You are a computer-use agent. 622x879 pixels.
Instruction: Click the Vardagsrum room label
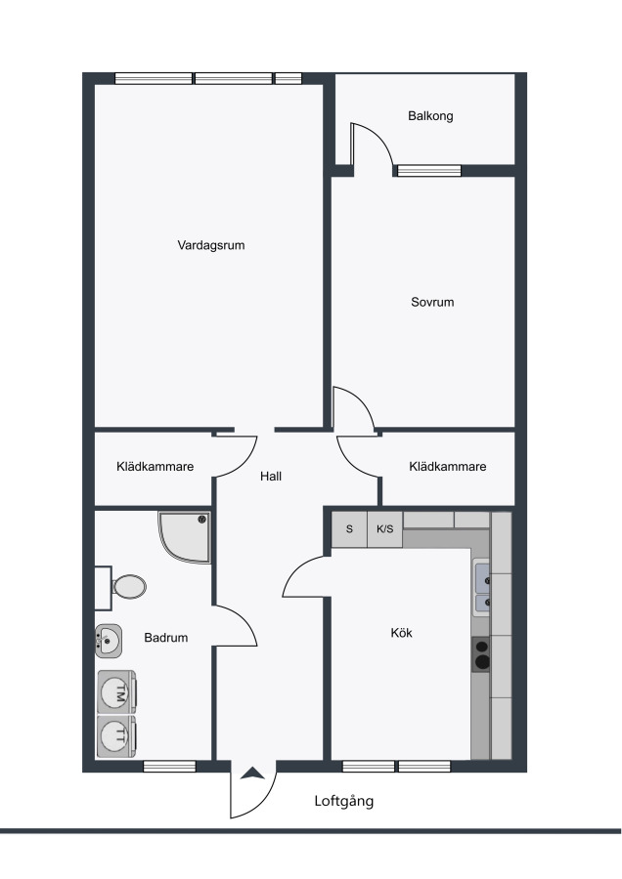pos(211,245)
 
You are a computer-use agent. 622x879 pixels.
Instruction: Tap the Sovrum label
pos(432,302)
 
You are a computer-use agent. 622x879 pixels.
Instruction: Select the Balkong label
pos(430,116)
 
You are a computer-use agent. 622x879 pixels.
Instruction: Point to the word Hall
pos(271,477)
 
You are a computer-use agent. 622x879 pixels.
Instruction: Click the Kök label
pos(401,633)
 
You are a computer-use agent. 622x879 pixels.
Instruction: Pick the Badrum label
pos(165,638)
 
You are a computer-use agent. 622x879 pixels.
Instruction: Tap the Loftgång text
pos(343,801)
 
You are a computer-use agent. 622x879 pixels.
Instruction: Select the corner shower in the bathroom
pos(185,537)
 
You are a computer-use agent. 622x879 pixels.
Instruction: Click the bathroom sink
pos(109,640)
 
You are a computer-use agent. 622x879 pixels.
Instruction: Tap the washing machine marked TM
pos(116,692)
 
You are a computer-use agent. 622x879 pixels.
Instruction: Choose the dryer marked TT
pos(116,736)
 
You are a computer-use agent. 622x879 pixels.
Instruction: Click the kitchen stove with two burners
pos(481,654)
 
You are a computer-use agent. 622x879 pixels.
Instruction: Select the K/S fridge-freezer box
pos(385,529)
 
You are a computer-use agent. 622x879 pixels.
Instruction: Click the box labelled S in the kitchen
pos(349,529)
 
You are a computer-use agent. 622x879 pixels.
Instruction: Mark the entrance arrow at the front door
pos(252,774)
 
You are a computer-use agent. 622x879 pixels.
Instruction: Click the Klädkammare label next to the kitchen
pos(447,467)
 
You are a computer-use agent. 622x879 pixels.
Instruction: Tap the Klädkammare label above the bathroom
pos(155,467)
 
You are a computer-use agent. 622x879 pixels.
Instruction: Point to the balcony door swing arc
pos(381,138)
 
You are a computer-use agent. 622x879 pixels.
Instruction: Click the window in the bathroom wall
pos(169,767)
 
